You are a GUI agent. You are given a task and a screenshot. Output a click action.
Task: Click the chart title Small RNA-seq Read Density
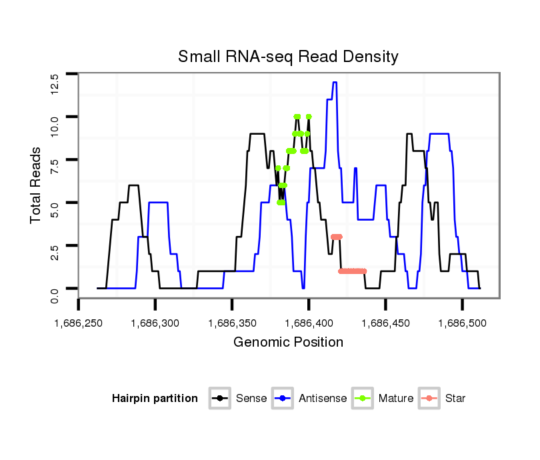[x=288, y=57]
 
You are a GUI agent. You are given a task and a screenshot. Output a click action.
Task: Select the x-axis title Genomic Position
[x=288, y=343]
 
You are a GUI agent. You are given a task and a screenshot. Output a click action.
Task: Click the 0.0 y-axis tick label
[x=55, y=295]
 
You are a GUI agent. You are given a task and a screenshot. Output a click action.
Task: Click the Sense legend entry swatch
[x=219, y=399]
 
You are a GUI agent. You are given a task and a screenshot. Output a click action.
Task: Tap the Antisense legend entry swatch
[x=282, y=399]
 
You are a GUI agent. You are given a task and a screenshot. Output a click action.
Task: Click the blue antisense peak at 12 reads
[x=335, y=83]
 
